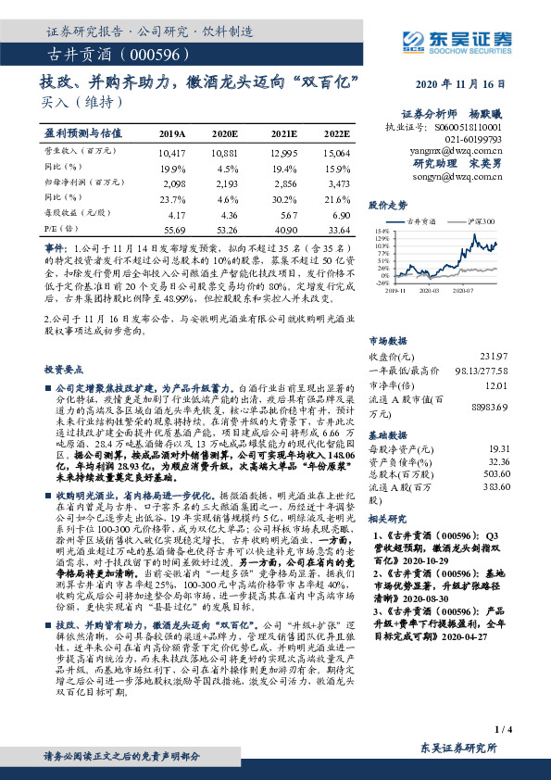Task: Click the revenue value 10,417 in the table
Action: [172, 150]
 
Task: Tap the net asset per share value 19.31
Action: [498, 447]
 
